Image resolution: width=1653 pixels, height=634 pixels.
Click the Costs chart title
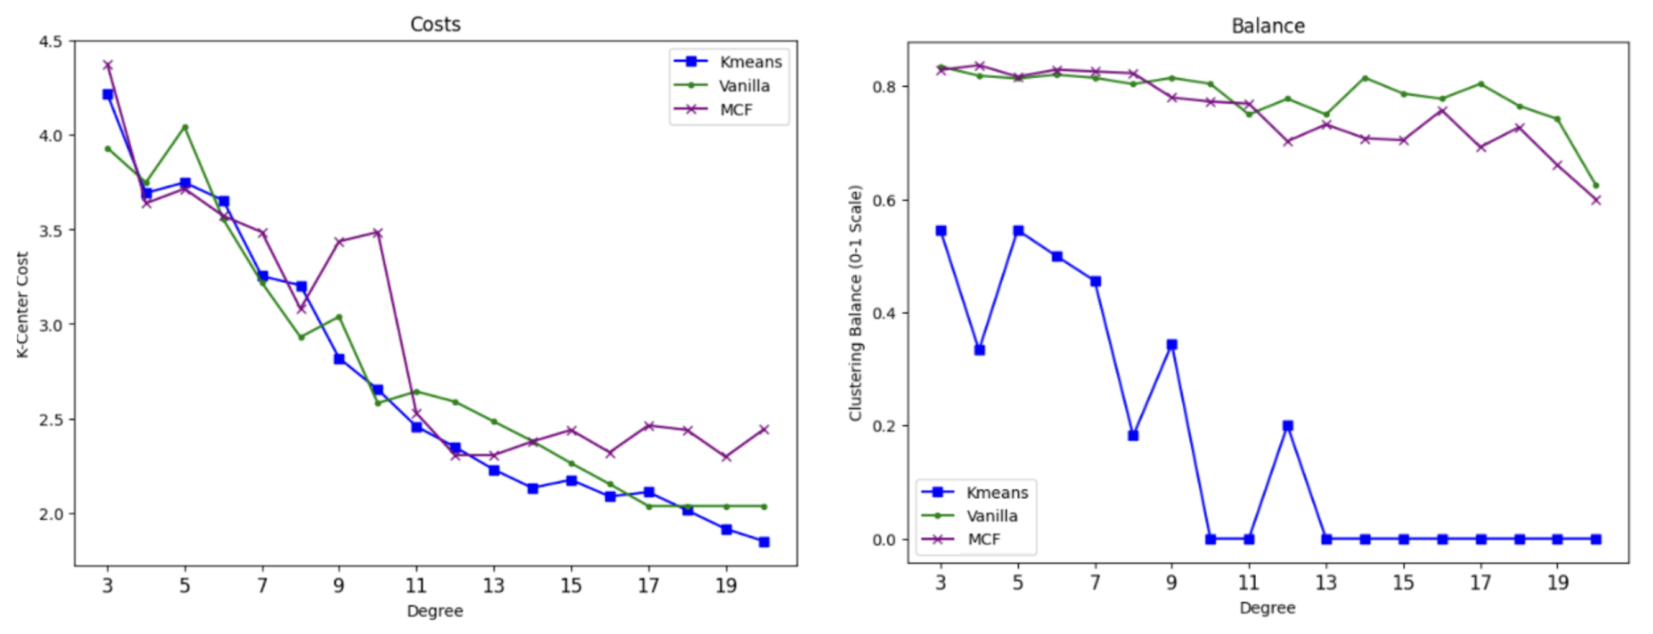tap(435, 24)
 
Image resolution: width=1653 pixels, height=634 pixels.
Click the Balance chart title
tap(1267, 25)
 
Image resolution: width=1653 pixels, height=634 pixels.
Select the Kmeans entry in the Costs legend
tap(750, 62)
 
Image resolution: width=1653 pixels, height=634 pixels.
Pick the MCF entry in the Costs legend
tap(735, 110)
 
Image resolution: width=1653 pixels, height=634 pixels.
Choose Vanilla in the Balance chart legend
tap(991, 516)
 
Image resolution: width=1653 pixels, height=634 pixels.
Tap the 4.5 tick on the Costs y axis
tap(51, 42)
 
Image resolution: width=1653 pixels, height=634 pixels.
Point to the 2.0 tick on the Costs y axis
tap(51, 514)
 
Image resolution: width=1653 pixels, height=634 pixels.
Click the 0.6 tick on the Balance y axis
tap(884, 200)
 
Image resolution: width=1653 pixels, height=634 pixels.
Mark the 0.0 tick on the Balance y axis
tap(884, 540)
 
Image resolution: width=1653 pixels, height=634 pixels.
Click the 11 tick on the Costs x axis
tap(416, 586)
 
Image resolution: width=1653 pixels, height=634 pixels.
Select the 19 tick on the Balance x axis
tap(1557, 582)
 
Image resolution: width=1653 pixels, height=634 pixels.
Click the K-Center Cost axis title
tap(22, 304)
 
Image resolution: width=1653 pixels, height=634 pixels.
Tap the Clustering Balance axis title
tap(855, 303)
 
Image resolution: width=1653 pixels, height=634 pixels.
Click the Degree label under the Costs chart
tap(434, 611)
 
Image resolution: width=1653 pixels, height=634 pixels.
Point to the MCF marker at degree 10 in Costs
tap(377, 233)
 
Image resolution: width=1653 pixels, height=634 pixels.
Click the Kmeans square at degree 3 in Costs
tap(108, 94)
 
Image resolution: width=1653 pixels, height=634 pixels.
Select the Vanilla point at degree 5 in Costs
tap(185, 127)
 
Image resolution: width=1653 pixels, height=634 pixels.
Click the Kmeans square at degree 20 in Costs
tap(764, 542)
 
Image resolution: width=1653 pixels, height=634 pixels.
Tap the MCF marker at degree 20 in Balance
tap(1596, 200)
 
